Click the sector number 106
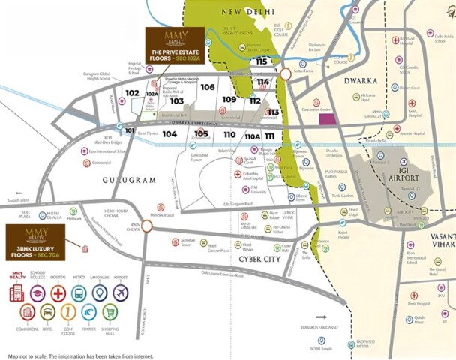coord(208,87)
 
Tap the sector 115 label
coord(261,61)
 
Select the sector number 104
coord(169,134)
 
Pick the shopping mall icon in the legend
coord(110,313)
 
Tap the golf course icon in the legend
coord(67,313)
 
